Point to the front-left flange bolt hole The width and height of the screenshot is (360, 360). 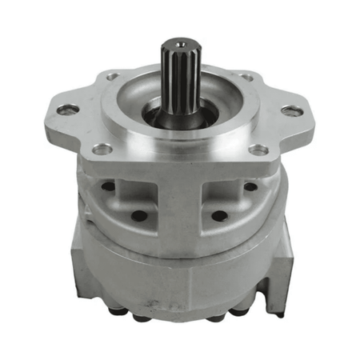102,149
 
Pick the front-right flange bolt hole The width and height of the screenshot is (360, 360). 259,149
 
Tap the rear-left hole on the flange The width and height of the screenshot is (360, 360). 111,77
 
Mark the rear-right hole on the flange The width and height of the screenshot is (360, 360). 247,77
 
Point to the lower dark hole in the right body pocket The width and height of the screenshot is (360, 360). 218,215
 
